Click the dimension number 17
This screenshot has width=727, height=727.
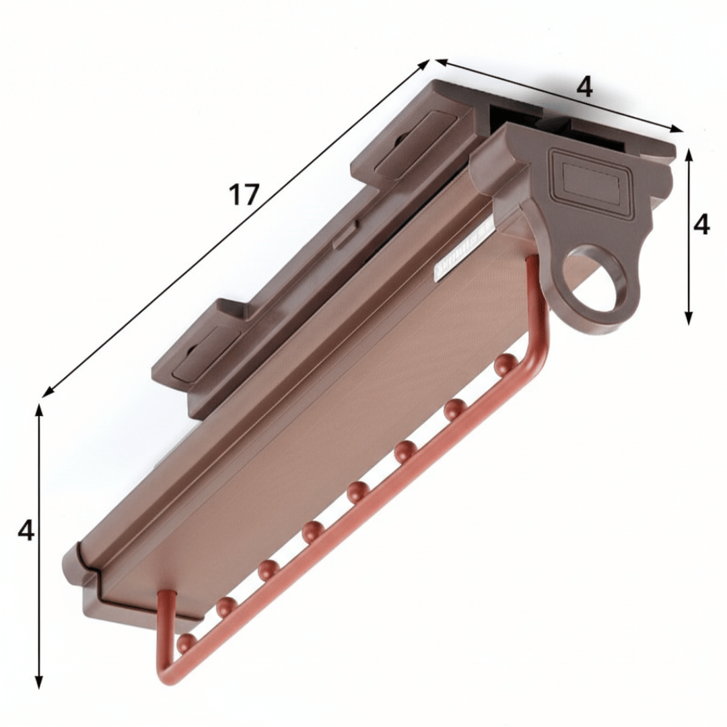[x=244, y=195]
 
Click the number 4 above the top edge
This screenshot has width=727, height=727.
[x=585, y=87]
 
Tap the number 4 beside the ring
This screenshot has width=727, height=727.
[x=701, y=224]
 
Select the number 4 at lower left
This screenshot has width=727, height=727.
[x=26, y=531]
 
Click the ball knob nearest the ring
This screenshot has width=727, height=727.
[x=505, y=364]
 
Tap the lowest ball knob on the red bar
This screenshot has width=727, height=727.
[x=186, y=643]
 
